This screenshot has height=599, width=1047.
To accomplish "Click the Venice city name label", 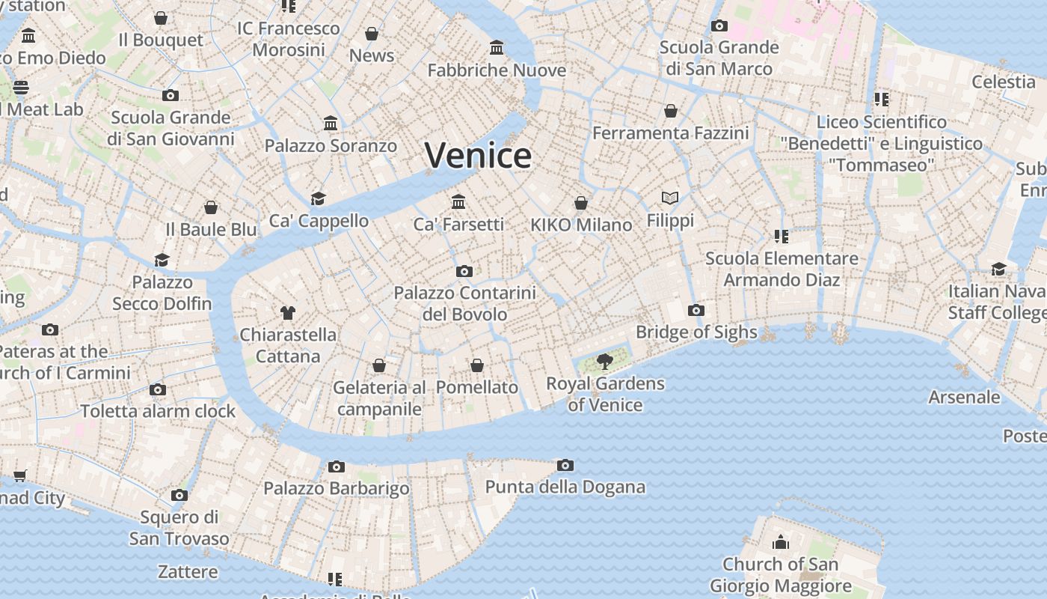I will pos(479,156).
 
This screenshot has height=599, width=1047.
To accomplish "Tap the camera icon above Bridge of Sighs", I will pos(696,310).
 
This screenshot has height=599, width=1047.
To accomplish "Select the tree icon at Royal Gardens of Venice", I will pos(605,362).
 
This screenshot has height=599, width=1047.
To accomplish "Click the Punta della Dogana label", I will pos(565,487).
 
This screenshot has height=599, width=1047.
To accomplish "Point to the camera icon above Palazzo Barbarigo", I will pos(337,466).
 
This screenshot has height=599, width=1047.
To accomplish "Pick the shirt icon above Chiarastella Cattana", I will pos(288,312).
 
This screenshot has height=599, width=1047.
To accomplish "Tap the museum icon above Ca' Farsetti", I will pos(458,201).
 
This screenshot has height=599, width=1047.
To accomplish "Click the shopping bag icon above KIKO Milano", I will pos(581,203).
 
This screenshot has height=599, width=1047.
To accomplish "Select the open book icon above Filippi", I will pos(670,198).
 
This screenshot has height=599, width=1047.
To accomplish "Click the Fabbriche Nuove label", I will pos(497,70).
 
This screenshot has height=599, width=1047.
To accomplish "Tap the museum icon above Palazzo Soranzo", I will pos(331,123).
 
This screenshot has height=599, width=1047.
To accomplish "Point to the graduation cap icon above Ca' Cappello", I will pos(319,198).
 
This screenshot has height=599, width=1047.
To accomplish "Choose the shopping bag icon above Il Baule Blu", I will pos(211,207).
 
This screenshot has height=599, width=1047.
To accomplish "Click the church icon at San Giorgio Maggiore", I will pos(781,542).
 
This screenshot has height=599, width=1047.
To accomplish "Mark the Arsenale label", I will pos(964,397).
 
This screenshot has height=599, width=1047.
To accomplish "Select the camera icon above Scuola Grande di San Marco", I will pos(719,25).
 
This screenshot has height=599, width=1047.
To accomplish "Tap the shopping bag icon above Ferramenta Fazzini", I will pos(671,111).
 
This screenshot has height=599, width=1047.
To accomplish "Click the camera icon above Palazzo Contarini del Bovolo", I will pos(464,271).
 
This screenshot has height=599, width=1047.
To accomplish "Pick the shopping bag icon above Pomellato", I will pos(477,365).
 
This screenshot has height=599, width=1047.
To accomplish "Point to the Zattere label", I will pos(188,572).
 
